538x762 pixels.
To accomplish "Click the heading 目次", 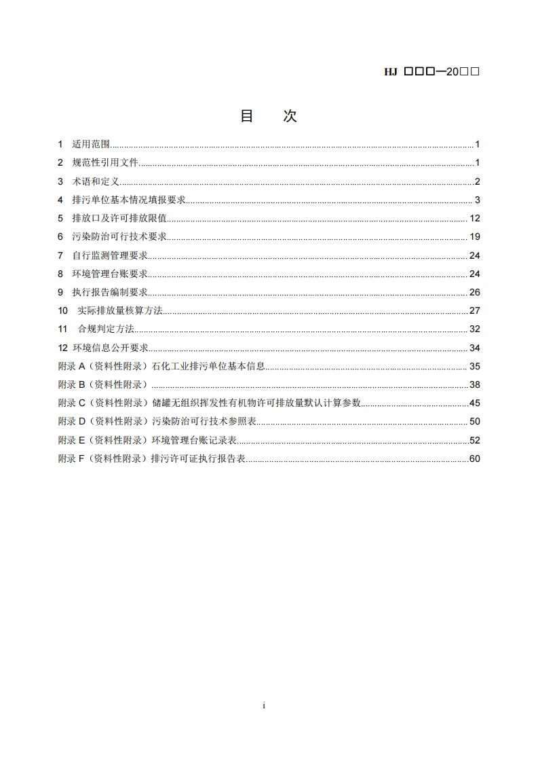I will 268,116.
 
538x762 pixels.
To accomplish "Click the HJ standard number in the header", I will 432,71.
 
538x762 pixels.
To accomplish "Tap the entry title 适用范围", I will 92,145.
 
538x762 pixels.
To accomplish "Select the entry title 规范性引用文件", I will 105,163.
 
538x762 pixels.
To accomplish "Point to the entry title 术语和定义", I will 96,181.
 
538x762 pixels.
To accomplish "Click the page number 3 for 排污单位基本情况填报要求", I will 477,200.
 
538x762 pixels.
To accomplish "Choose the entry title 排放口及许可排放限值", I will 119,219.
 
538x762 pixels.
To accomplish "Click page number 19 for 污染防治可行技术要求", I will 474,237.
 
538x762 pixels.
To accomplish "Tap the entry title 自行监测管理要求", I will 110,255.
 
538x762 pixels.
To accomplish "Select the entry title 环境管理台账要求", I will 110,274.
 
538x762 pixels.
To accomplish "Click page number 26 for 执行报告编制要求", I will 474,293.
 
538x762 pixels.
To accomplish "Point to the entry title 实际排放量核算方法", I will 121,311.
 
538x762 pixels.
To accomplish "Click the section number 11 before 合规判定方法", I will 62,329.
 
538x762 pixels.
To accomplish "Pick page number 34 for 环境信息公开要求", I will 474,348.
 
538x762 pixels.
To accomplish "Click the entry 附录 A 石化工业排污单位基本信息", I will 161,367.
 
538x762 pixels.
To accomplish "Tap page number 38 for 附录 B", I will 474,385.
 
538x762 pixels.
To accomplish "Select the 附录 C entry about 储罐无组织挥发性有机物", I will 209,403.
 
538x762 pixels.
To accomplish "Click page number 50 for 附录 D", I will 474,422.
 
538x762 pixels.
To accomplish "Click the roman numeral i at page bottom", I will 264,706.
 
